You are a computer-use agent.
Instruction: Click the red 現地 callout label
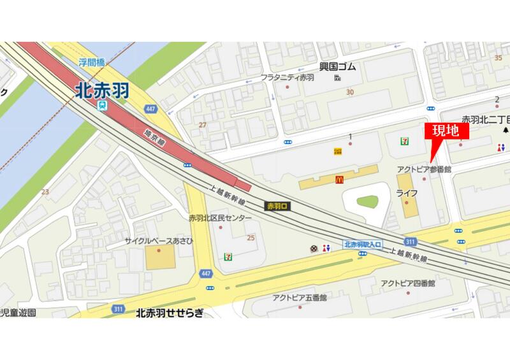tap(446, 133)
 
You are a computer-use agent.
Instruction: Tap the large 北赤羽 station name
tap(101, 90)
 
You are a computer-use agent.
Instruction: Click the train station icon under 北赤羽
tap(102, 106)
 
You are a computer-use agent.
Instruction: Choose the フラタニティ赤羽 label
tap(288, 77)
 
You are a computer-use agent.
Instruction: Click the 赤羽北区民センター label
tap(220, 218)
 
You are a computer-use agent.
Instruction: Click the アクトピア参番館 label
tap(423, 169)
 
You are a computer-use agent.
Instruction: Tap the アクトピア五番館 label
tap(299, 298)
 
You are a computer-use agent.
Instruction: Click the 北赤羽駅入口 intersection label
tap(362, 244)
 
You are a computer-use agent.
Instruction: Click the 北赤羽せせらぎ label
tap(170, 313)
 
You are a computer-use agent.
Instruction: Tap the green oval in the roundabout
tap(367, 203)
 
